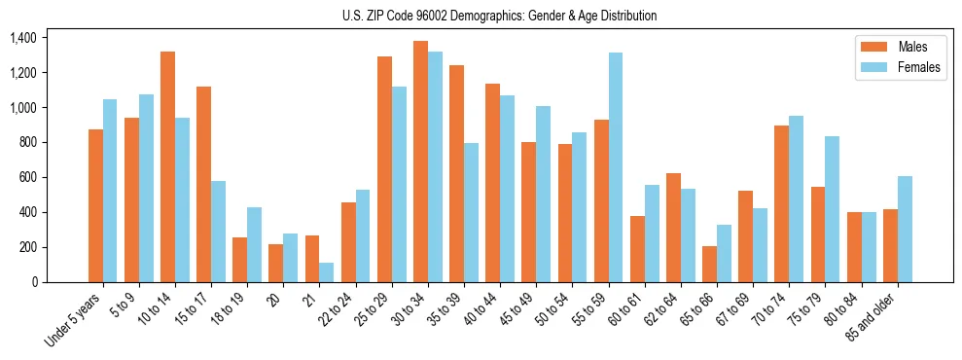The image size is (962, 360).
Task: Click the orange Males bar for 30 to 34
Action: tap(420, 162)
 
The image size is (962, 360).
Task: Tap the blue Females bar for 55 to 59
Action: tap(616, 167)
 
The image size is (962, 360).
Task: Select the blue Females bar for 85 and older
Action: tap(905, 229)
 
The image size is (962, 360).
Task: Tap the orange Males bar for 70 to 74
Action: tap(782, 203)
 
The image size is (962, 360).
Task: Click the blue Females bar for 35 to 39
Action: tap(471, 212)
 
